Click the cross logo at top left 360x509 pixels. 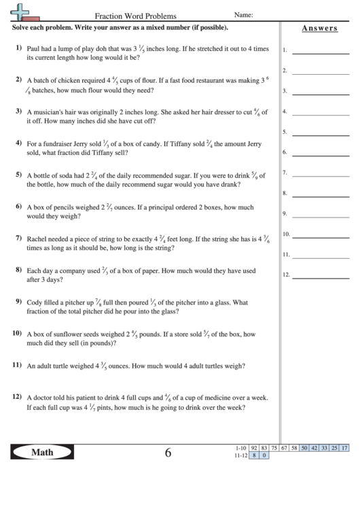click(x=22, y=11)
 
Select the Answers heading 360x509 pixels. click(x=319, y=28)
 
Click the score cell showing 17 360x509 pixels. click(x=345, y=448)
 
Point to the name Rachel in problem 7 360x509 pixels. click(x=38, y=240)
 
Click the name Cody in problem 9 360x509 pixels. click(x=35, y=302)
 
